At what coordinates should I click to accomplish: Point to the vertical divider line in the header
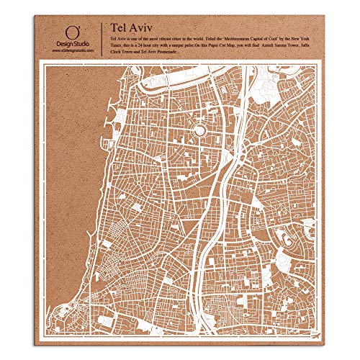click(x=100, y=36)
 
